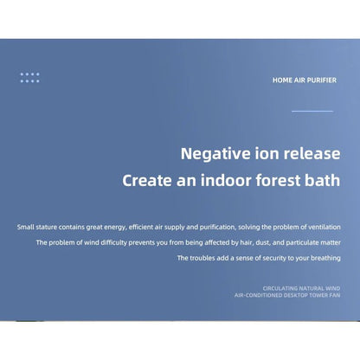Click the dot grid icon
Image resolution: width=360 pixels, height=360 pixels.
coord(30,77)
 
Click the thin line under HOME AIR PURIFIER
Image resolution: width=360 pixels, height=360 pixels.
coord(312,111)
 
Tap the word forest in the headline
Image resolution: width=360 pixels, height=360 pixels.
coord(274,182)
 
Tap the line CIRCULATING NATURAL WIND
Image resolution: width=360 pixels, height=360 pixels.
coord(301,287)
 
